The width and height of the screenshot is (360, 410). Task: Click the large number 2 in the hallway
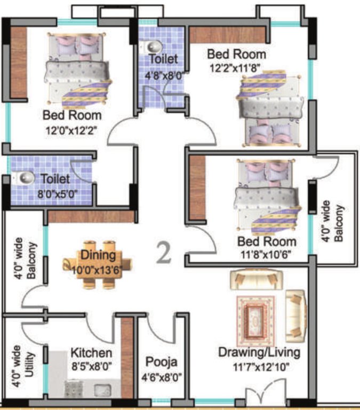[164, 253]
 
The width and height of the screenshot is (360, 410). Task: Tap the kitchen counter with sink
[91, 388]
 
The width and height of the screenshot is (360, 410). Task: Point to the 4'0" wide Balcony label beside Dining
[25, 261]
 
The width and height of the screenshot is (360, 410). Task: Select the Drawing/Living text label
[260, 353]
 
